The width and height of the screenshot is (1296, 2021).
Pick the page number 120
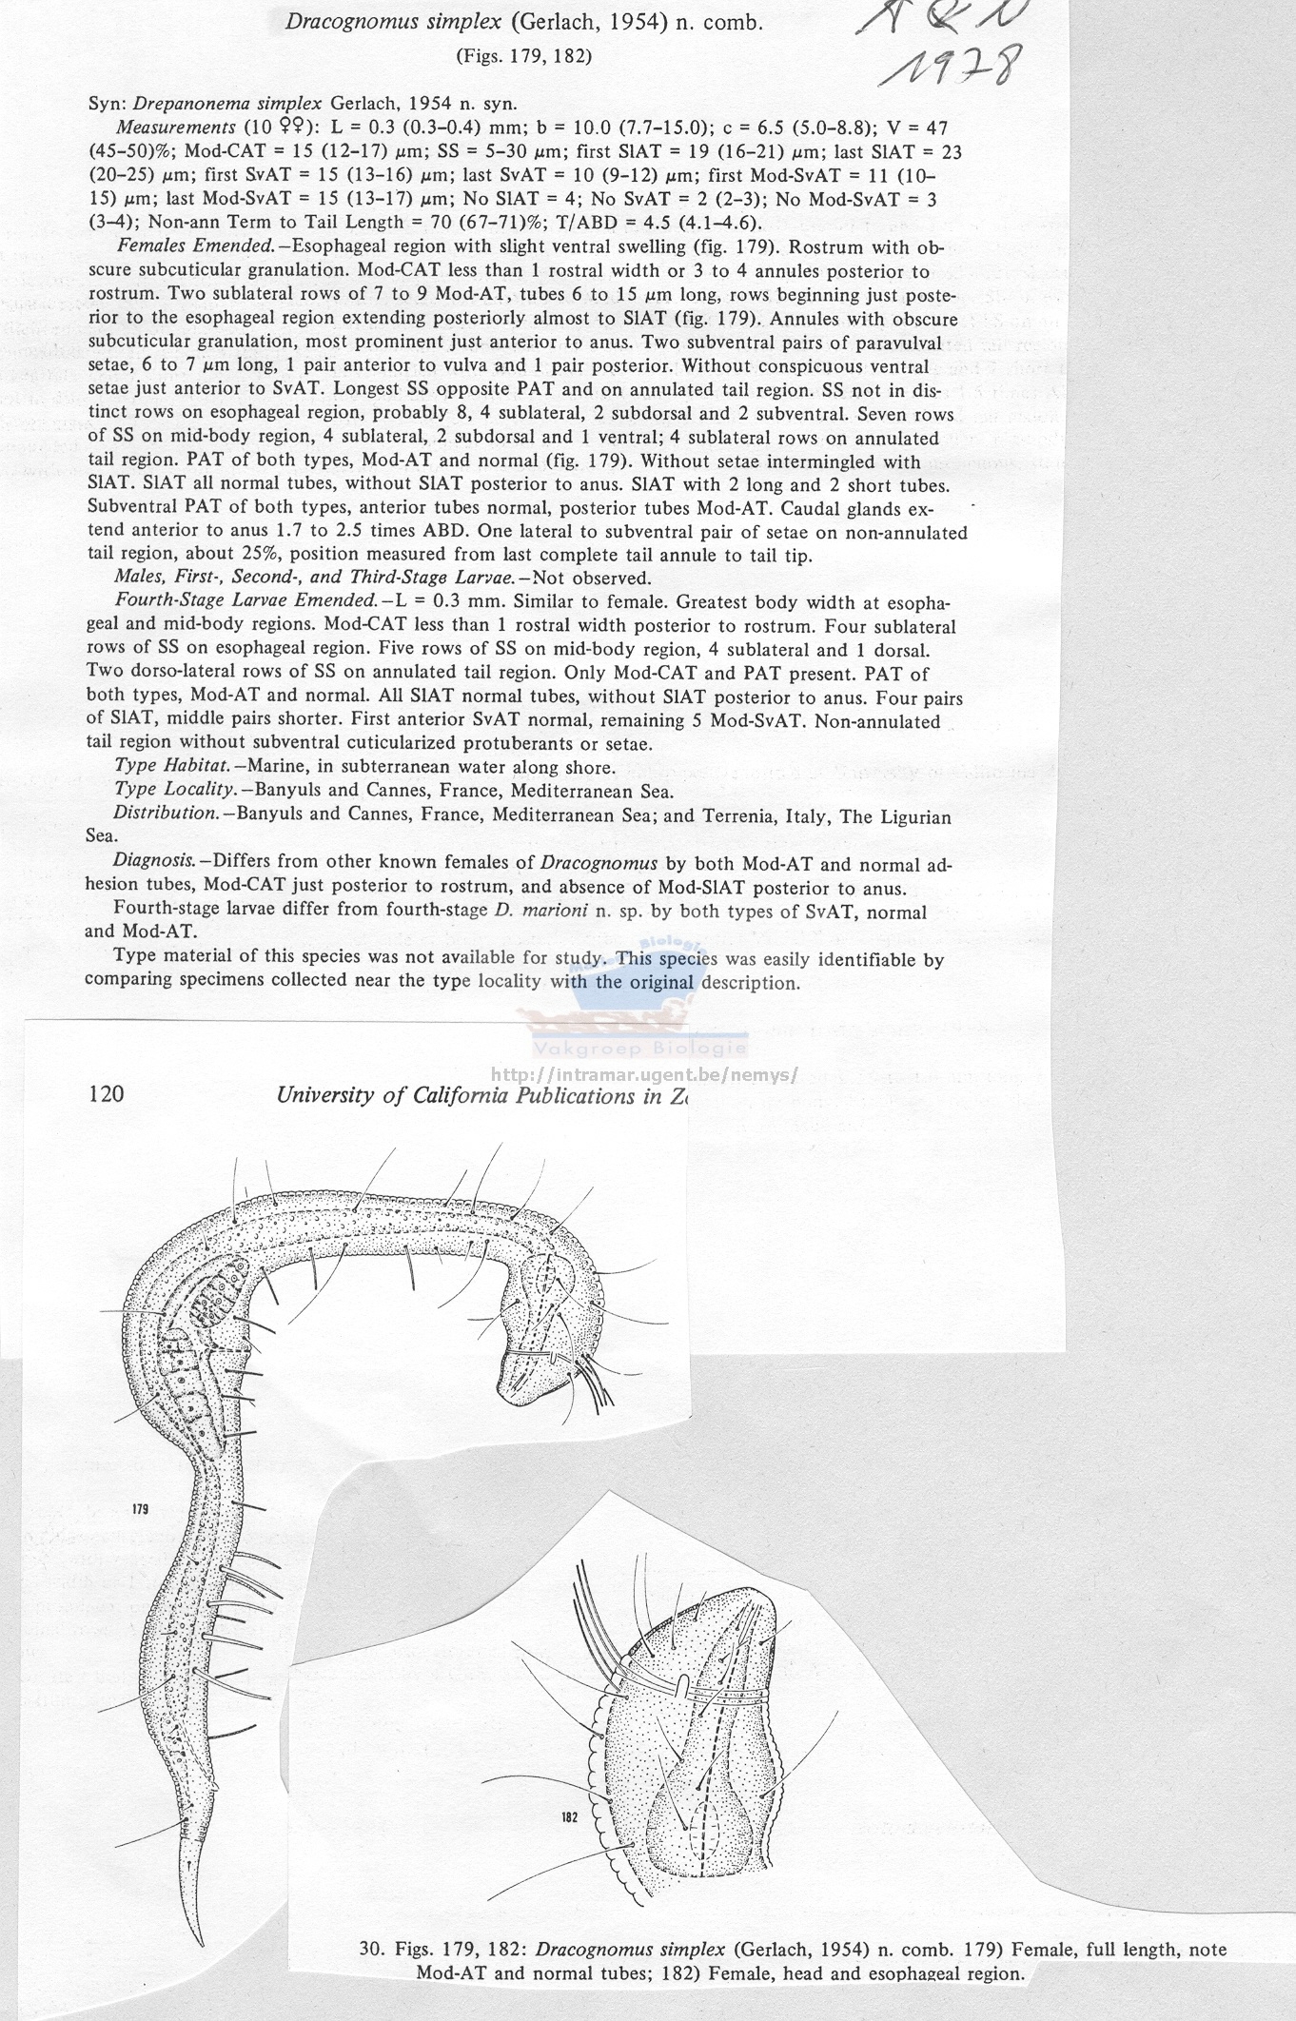pyautogui.click(x=105, y=1094)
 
